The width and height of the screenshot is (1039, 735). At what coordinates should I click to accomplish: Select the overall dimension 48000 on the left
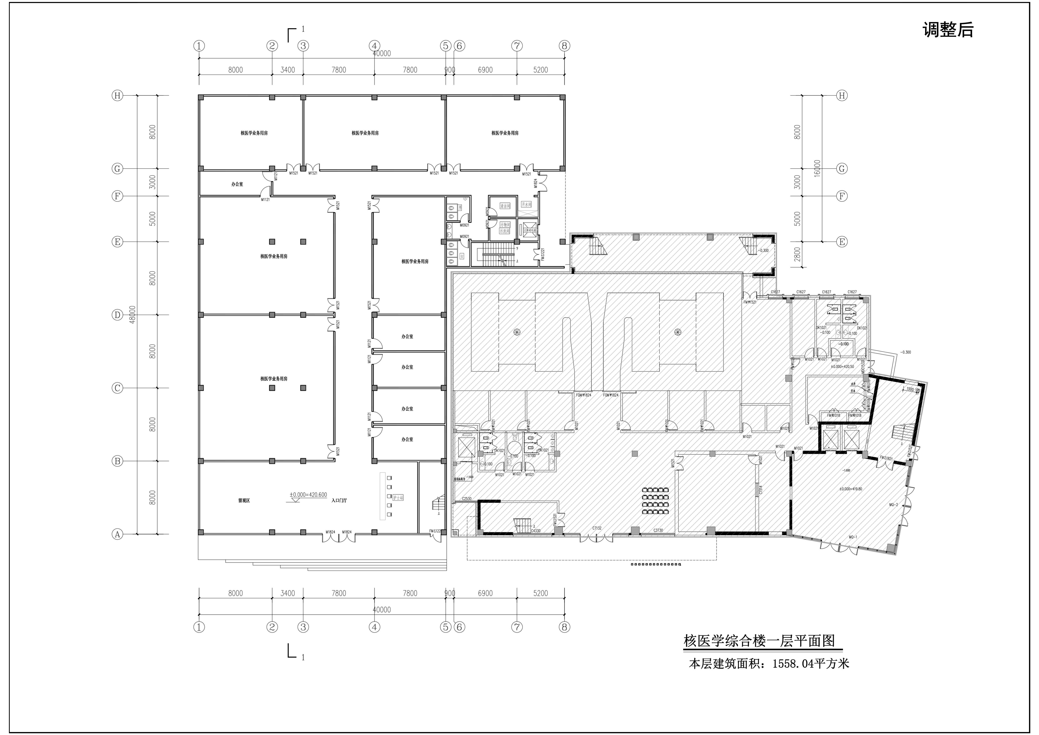(132, 315)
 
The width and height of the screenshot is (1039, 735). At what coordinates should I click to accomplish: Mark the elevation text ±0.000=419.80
(851, 489)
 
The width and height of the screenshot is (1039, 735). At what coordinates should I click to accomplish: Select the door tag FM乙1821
(886, 458)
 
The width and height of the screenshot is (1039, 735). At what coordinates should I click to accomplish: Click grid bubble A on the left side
(117, 534)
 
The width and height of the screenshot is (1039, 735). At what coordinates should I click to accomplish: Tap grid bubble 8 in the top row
(564, 46)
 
